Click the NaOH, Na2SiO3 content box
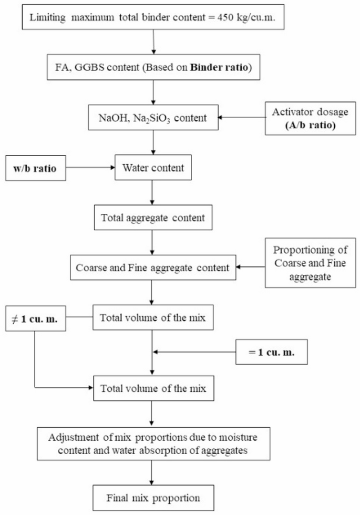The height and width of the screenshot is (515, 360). click(152, 118)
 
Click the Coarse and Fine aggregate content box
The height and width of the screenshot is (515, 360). click(152, 267)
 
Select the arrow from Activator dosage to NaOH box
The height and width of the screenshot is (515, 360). click(242, 118)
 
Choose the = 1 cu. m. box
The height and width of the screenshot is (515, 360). click(272, 353)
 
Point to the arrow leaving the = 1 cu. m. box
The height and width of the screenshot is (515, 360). click(194, 353)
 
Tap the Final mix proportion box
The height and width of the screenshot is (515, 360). click(152, 496)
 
